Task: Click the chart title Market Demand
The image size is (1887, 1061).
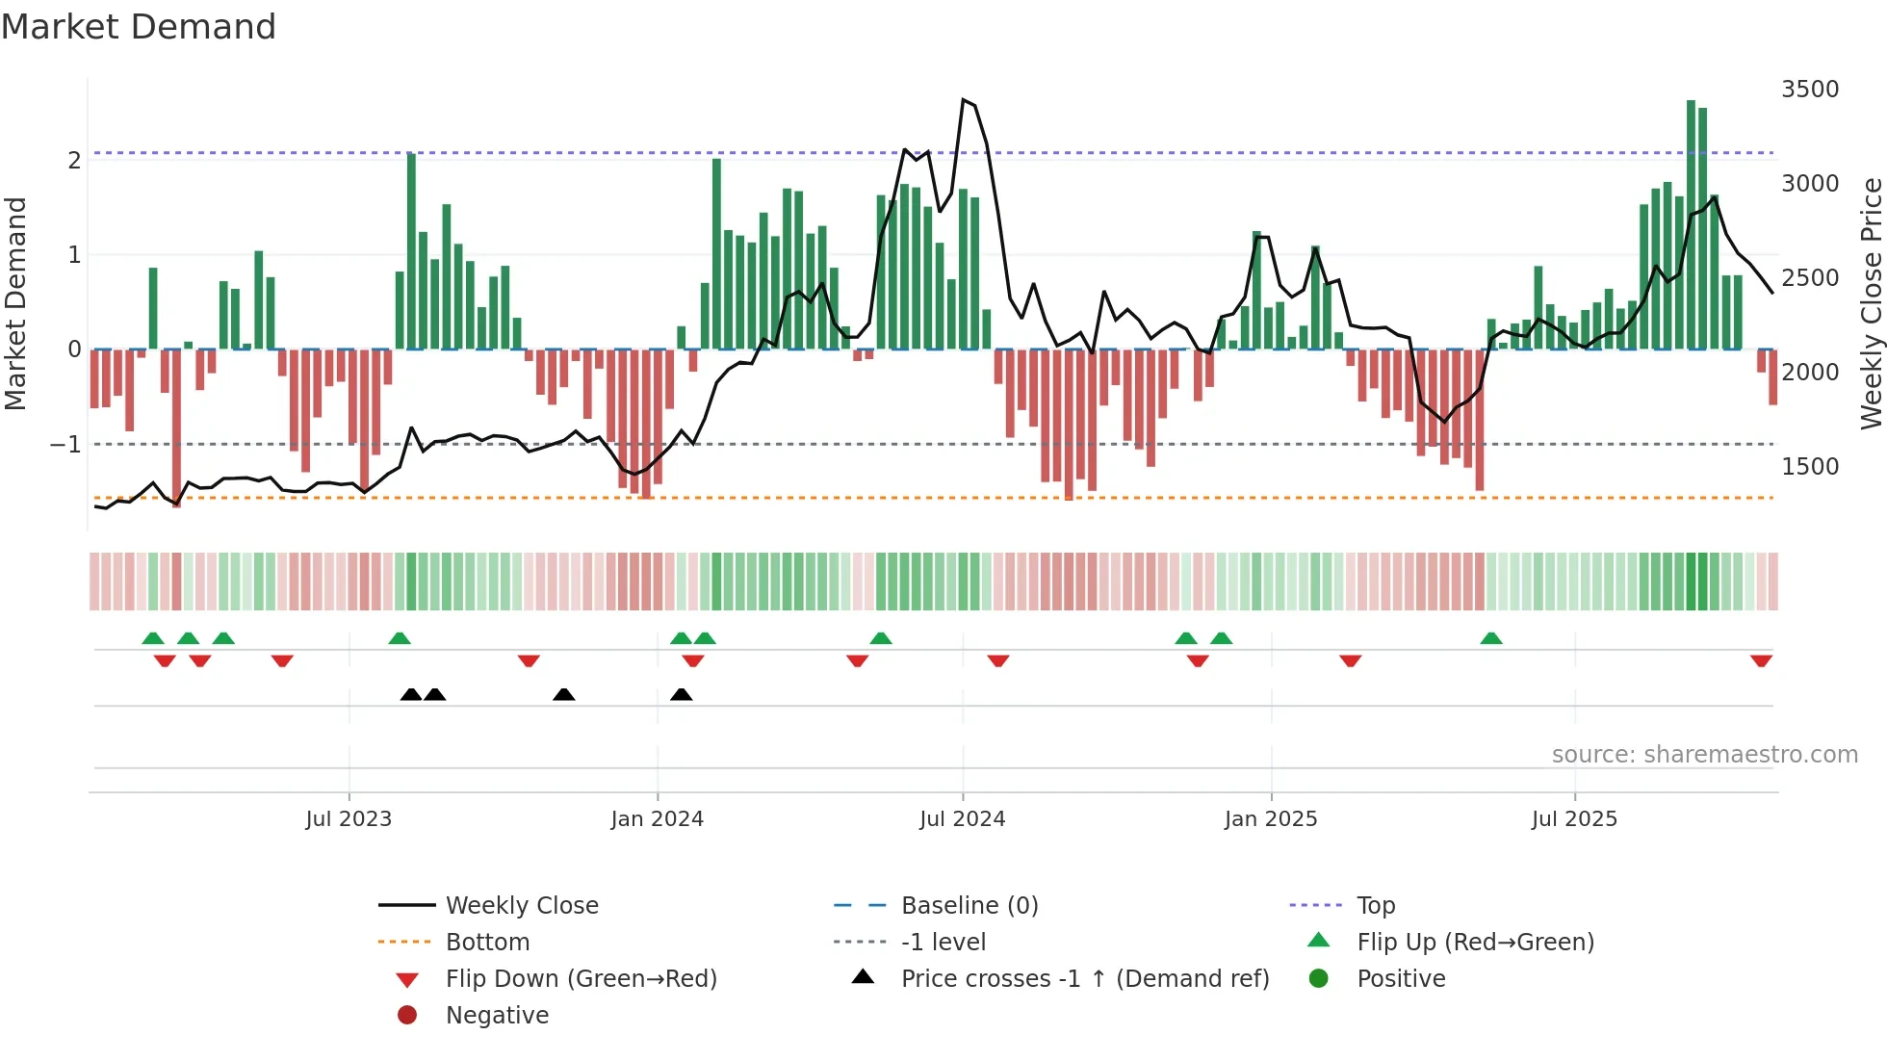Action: click(x=139, y=27)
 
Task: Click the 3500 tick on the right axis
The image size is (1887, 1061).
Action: click(x=1809, y=90)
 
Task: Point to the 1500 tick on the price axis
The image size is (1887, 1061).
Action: click(x=1809, y=467)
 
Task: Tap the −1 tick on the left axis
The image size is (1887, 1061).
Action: click(x=65, y=445)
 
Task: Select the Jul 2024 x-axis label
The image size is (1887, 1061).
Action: click(x=962, y=819)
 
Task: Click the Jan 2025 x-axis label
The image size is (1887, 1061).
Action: click(x=1270, y=819)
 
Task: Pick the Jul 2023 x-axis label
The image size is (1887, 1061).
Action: click(x=349, y=819)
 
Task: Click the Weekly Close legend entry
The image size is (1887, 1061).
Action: click(x=521, y=906)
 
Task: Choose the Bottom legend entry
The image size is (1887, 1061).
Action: click(x=487, y=943)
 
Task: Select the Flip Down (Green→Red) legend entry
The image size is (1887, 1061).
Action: click(x=581, y=979)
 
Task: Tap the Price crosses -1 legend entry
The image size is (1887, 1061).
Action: click(x=1084, y=979)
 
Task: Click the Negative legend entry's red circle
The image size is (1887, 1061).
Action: click(x=407, y=1016)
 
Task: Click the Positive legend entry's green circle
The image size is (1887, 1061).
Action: click(x=1319, y=979)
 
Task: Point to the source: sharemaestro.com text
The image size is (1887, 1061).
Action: click(x=1704, y=755)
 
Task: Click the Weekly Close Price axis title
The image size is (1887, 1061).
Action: click(x=1871, y=303)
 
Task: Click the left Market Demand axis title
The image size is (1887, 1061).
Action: click(x=15, y=303)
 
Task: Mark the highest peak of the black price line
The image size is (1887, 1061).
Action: click(x=963, y=99)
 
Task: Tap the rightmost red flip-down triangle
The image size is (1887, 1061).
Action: click(x=1761, y=661)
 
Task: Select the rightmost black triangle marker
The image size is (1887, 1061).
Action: click(x=681, y=694)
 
